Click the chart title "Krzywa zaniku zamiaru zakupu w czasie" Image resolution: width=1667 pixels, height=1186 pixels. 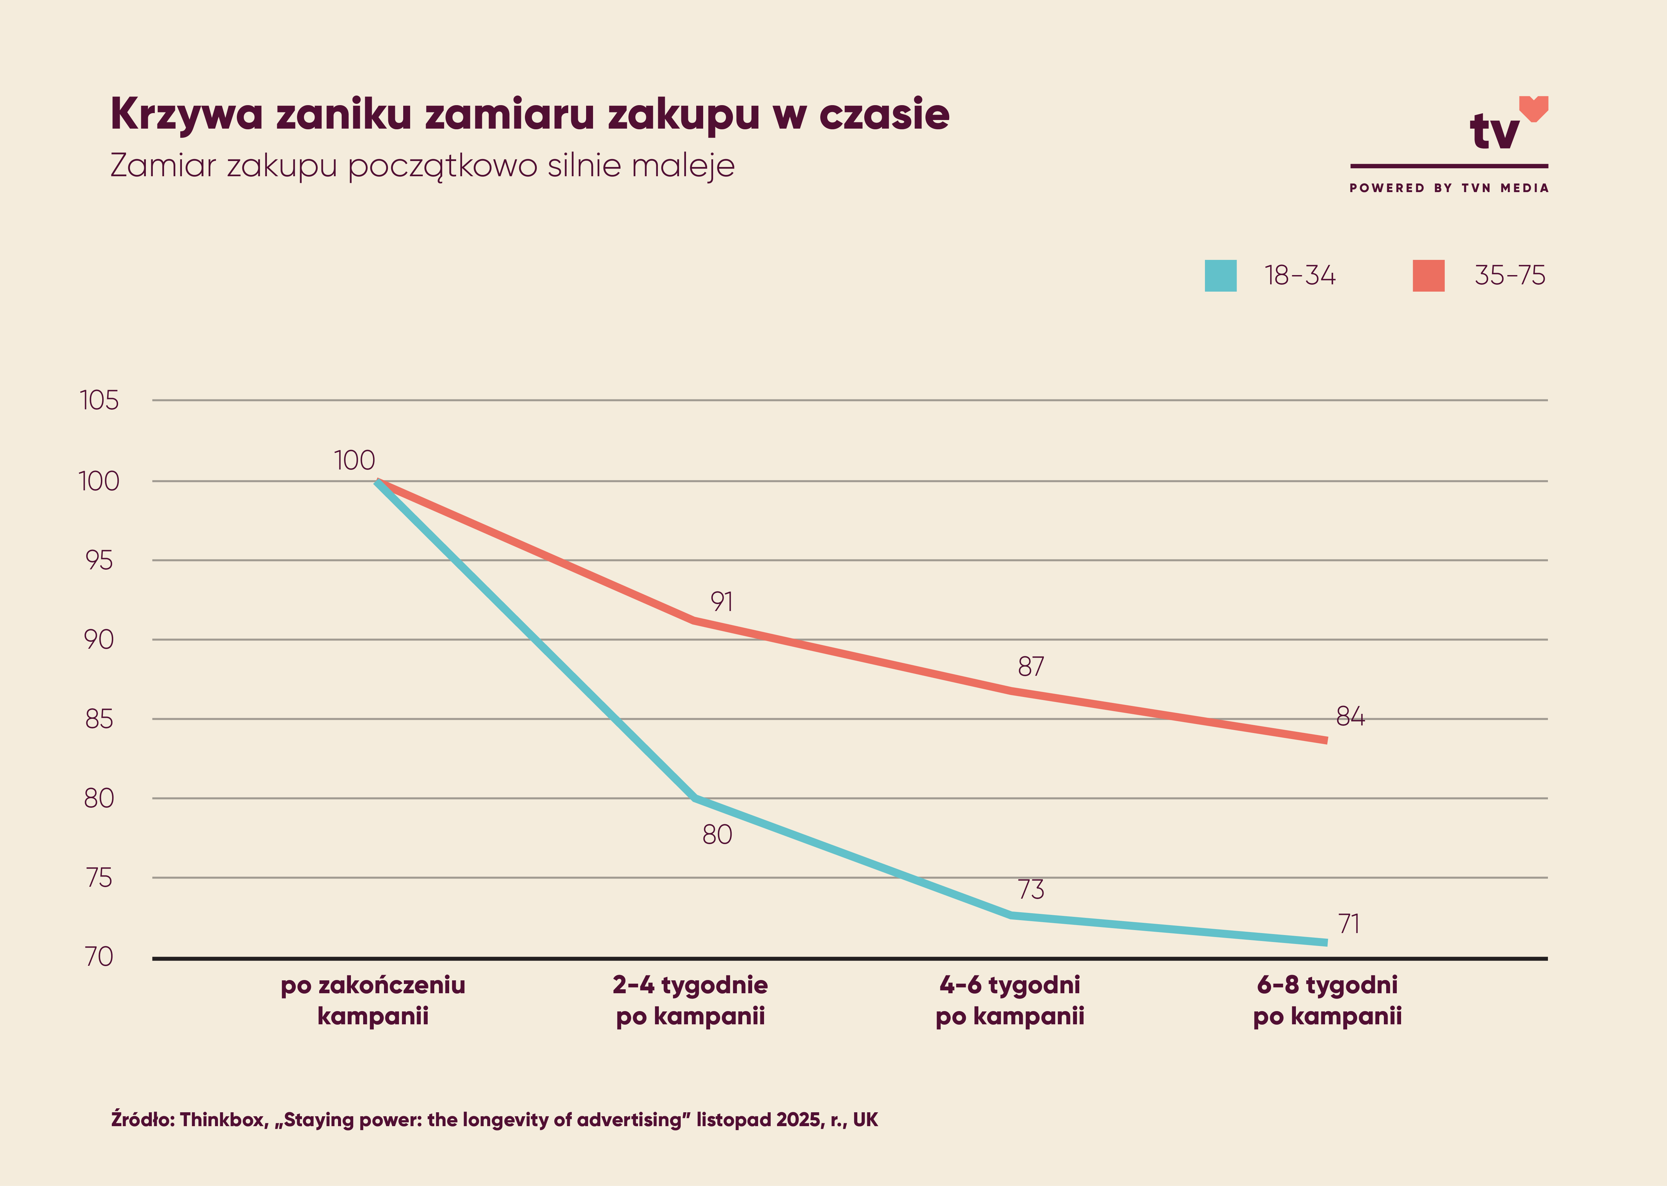(530, 115)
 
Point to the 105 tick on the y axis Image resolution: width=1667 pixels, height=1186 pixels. (99, 400)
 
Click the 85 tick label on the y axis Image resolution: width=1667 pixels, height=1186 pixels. (99, 719)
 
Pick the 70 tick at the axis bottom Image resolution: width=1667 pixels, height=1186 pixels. (99, 957)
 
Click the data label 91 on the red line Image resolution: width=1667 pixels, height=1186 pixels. (722, 602)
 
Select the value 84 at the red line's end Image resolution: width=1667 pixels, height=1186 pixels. (1350, 716)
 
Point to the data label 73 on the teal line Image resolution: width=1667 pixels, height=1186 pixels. (1031, 889)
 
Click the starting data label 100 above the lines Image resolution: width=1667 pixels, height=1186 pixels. (354, 460)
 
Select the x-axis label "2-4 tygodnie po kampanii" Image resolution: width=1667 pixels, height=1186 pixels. (690, 1001)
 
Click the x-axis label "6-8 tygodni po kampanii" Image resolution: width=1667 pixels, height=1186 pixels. (1327, 1001)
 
